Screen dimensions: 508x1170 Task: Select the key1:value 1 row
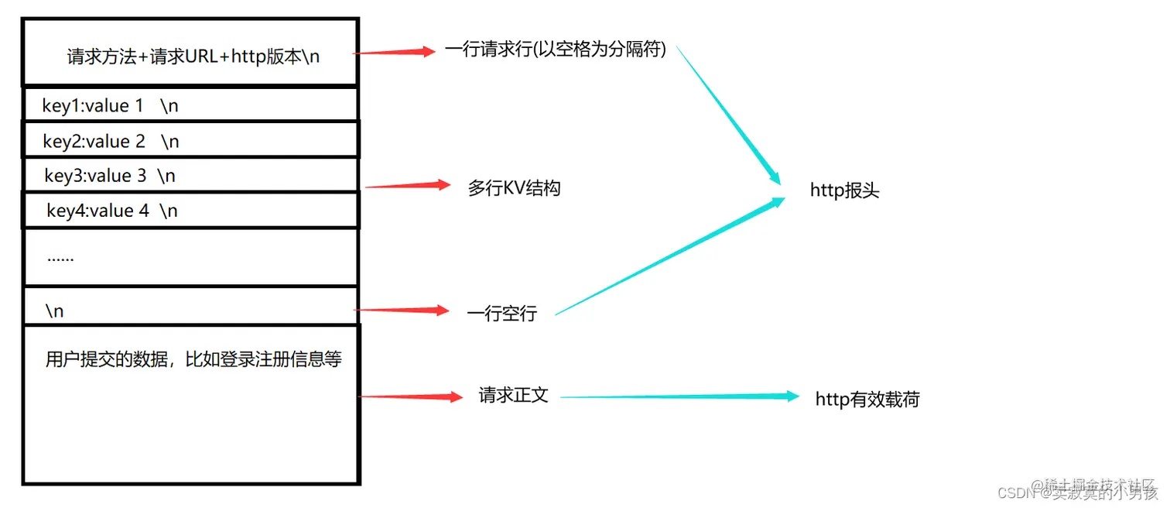[111, 106]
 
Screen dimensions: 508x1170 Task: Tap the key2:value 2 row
[111, 141]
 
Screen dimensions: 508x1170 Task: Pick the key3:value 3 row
[111, 176]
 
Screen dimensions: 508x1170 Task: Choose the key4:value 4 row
[112, 210]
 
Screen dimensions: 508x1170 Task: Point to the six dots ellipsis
[60, 257]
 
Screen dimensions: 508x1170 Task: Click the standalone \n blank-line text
[54, 311]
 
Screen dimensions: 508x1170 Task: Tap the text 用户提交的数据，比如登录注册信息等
[193, 359]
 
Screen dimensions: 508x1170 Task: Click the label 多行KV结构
[514, 187]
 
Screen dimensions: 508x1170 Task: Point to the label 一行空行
[501, 314]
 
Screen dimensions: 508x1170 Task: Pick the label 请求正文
[514, 395]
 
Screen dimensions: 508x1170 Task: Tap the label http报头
[844, 190]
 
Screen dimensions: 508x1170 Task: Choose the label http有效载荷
[867, 400]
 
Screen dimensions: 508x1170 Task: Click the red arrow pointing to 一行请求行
[395, 53]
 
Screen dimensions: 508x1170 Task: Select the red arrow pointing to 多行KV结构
[407, 185]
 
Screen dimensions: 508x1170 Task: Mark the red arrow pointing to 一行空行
[401, 311]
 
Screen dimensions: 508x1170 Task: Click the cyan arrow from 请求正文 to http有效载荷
[679, 396]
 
